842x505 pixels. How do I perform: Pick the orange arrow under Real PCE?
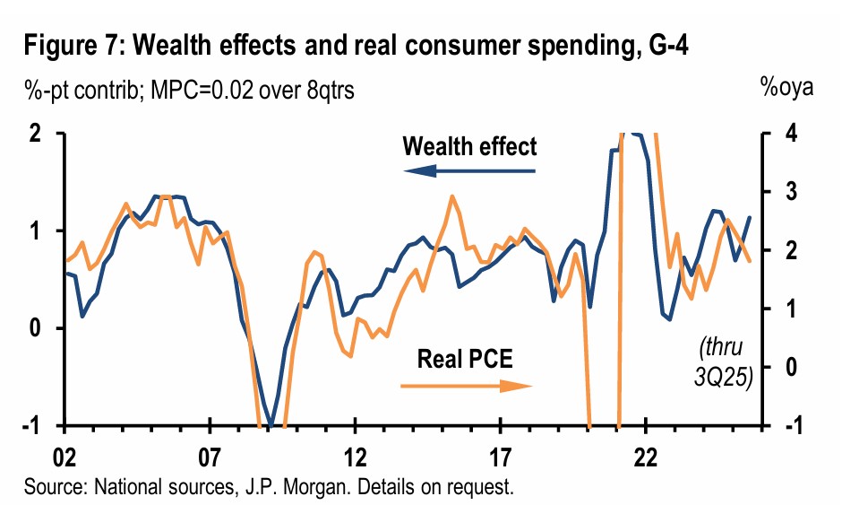[466, 386]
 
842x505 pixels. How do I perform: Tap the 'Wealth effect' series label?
[470, 146]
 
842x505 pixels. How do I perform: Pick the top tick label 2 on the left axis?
[37, 134]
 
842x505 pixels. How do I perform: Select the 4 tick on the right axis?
[787, 134]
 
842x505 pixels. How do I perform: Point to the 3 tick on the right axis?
[787, 192]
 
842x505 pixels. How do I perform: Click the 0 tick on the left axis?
[37, 328]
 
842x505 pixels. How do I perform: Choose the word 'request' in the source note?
[485, 489]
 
